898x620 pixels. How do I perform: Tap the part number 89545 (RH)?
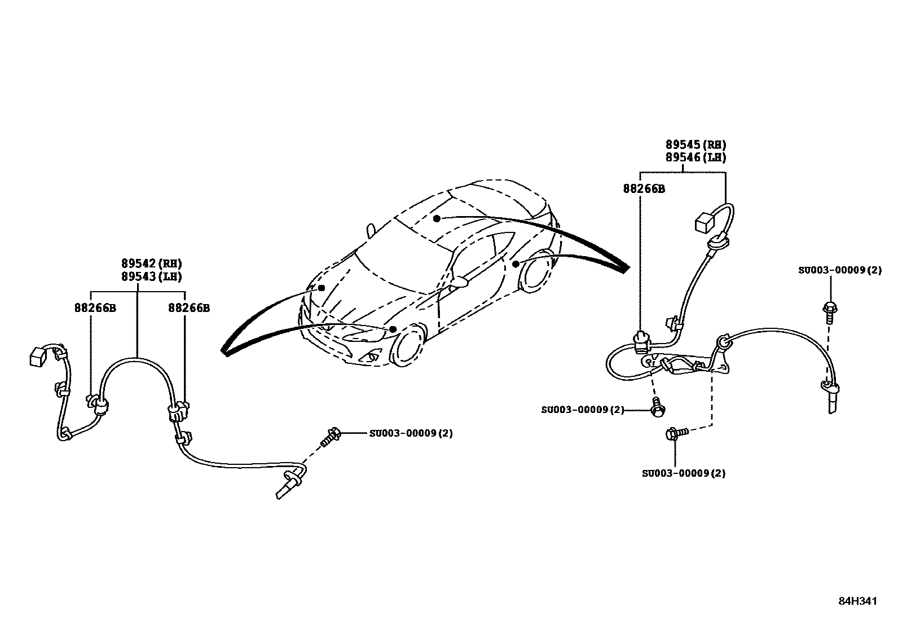point(695,145)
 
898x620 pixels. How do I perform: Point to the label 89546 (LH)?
point(695,158)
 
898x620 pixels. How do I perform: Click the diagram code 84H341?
point(857,601)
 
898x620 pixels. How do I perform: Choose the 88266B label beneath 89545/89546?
point(644,189)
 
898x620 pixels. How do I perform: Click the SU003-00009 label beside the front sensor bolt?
point(411,433)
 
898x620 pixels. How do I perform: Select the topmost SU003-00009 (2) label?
point(839,270)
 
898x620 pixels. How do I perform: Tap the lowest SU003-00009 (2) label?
point(684,473)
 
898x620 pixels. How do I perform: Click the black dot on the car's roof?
point(437,218)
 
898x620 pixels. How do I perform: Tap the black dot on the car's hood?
point(322,288)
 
